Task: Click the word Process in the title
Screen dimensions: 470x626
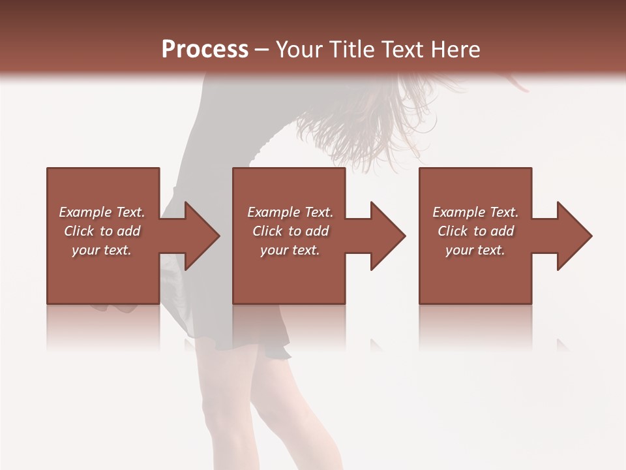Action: (x=205, y=49)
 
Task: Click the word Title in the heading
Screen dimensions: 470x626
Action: (x=347, y=49)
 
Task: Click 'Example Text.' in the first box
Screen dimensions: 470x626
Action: (x=102, y=212)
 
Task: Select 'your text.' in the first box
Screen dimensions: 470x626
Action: (x=102, y=250)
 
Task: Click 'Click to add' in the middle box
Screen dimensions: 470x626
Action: (x=290, y=231)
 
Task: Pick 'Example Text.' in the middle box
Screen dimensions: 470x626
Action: (x=290, y=212)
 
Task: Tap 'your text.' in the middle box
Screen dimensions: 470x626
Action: (x=290, y=250)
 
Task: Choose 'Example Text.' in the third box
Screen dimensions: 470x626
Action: (x=475, y=212)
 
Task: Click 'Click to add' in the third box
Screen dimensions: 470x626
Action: (x=475, y=231)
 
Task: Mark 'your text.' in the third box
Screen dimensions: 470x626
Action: (x=475, y=250)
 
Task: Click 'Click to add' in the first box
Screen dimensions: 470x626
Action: (x=102, y=231)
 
